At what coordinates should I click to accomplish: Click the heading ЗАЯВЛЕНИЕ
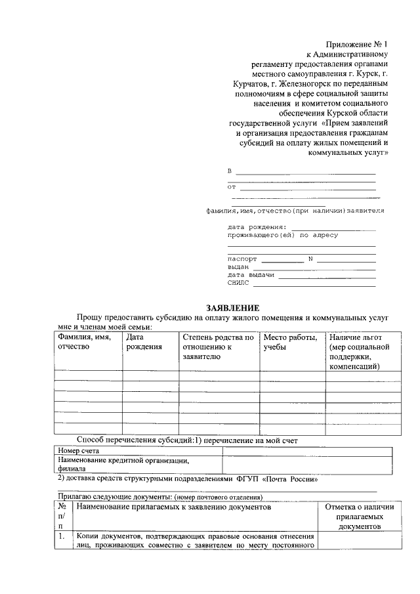pos(233,308)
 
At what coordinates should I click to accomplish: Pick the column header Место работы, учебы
pos(289,342)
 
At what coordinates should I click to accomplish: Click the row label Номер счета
pos(77,452)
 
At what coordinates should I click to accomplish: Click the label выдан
pos(238,267)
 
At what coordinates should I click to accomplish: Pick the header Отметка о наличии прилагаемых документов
pos(360,517)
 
